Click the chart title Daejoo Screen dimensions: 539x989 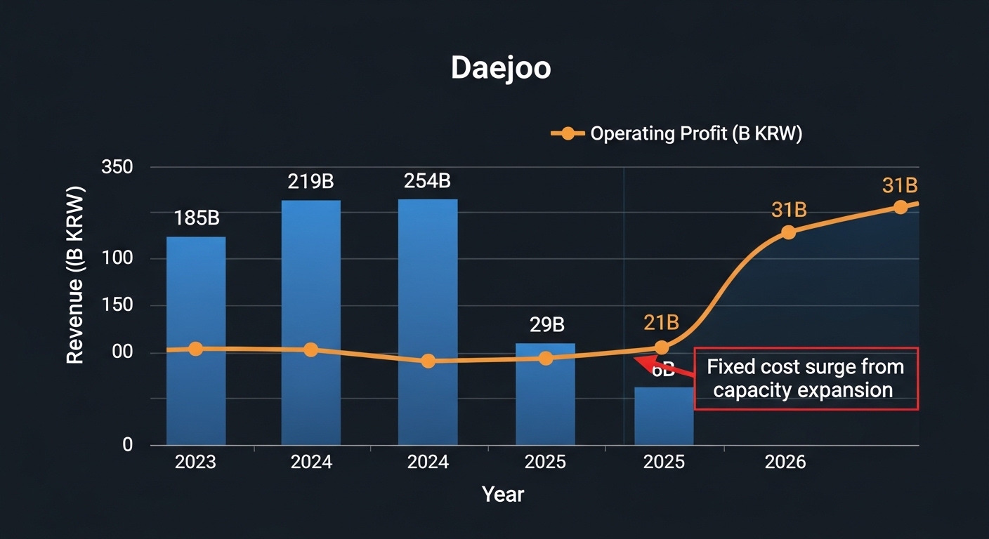(x=500, y=67)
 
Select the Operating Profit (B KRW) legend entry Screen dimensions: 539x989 (x=676, y=133)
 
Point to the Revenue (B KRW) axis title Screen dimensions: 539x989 (x=75, y=275)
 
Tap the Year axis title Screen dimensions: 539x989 (x=503, y=494)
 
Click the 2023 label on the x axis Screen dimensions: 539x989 (x=196, y=462)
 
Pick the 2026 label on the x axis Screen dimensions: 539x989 (x=785, y=462)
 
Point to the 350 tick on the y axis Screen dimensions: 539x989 (x=117, y=168)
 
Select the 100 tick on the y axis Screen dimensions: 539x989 (x=117, y=258)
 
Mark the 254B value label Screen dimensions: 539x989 (x=427, y=181)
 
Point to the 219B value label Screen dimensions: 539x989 (x=310, y=182)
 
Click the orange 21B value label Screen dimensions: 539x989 (x=661, y=323)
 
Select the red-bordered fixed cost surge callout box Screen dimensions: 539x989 (x=806, y=378)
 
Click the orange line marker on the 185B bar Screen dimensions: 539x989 (x=196, y=349)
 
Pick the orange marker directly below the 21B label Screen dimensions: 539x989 (x=661, y=347)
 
